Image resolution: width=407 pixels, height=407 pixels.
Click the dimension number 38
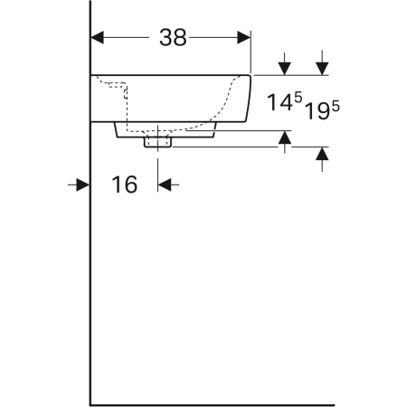click(x=173, y=38)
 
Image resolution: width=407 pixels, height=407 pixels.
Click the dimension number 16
click(x=125, y=185)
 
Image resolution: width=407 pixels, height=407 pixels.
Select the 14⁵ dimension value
click(x=285, y=102)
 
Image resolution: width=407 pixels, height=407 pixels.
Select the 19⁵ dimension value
click(x=322, y=110)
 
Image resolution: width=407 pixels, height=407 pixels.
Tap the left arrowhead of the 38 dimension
click(x=97, y=38)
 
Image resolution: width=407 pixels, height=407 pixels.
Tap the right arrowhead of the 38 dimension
click(x=244, y=38)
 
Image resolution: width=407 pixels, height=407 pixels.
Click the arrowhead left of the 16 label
click(x=82, y=185)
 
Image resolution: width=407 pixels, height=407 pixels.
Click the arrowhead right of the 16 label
click(x=165, y=185)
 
